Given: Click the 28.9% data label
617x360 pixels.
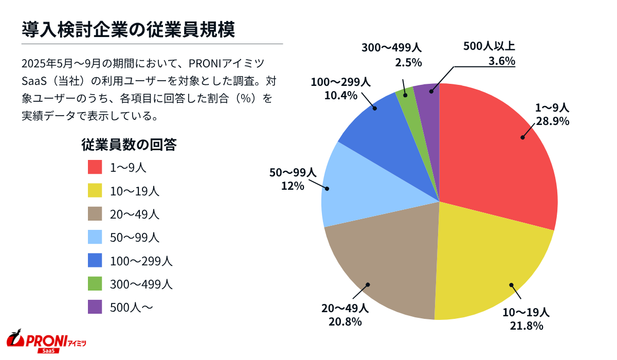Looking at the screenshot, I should [553, 121].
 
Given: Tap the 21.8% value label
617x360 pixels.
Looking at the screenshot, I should [527, 326].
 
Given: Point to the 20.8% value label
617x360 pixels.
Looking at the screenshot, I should [345, 322].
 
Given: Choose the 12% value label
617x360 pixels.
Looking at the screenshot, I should [292, 186].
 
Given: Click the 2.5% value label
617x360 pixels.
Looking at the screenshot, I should [408, 62].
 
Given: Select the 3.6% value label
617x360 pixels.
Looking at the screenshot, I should [501, 61].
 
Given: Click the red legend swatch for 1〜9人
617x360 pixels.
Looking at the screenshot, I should [96, 167].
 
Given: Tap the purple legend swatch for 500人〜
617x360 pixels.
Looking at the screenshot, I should [96, 307].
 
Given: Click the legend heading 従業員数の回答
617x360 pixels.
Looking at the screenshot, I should [129, 145].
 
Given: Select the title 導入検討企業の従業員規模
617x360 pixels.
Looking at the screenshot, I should [129, 29].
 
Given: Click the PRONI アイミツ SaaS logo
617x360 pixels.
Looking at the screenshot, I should [46, 340].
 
